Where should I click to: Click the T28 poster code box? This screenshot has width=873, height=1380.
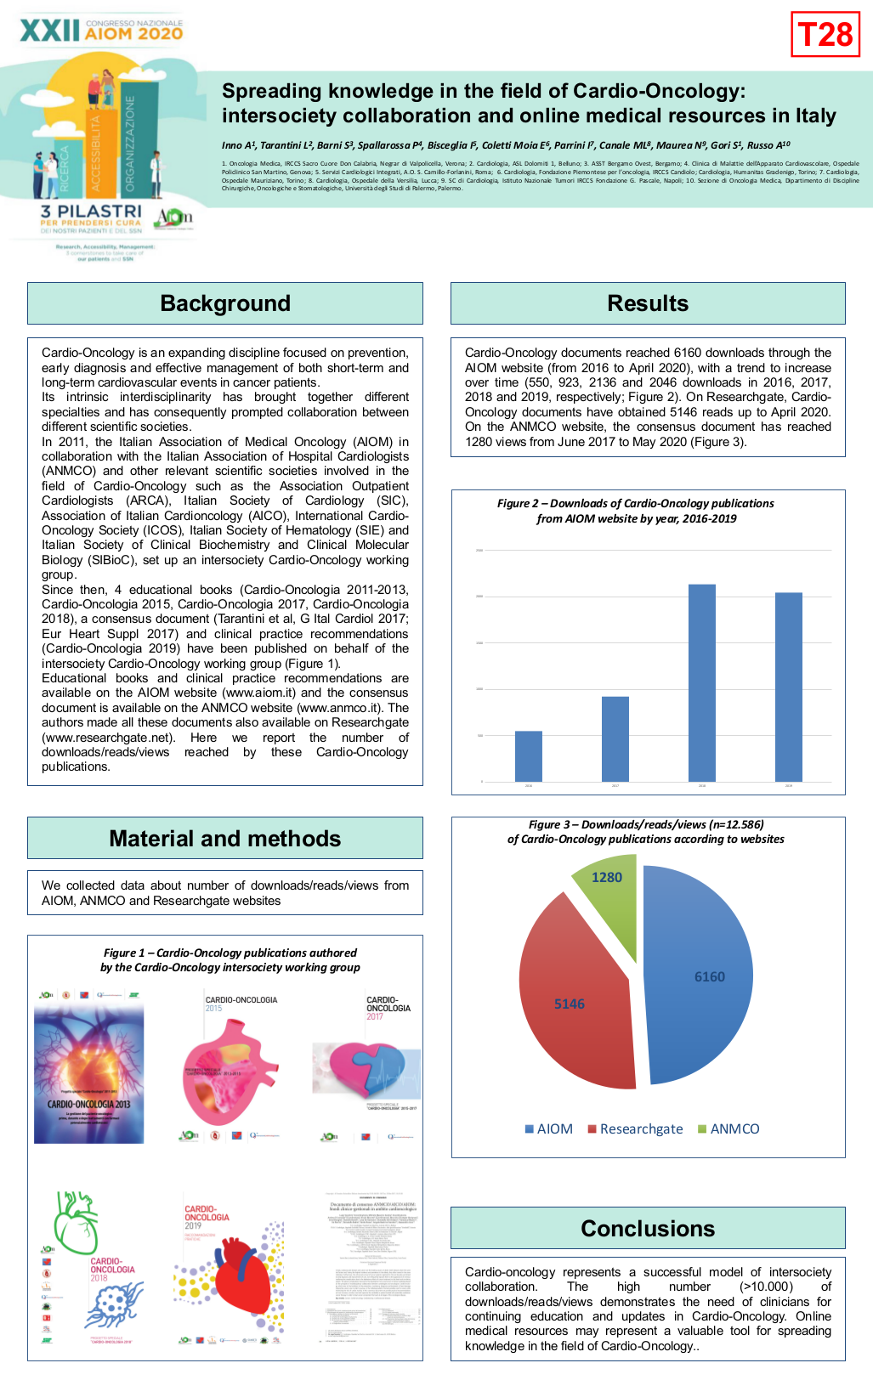(x=825, y=35)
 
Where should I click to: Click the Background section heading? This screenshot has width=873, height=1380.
(x=225, y=303)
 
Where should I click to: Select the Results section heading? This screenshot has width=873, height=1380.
(x=648, y=303)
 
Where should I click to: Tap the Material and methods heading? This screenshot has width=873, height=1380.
(x=225, y=839)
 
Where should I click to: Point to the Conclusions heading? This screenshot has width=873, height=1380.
(x=648, y=1229)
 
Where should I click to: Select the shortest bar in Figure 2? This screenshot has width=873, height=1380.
(x=529, y=755)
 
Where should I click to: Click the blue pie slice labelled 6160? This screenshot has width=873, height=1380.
(x=697, y=977)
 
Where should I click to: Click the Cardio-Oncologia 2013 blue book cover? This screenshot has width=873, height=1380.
(x=88, y=1071)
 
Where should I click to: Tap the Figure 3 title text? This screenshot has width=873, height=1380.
(x=646, y=831)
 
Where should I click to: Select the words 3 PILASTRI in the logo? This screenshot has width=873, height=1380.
(x=91, y=211)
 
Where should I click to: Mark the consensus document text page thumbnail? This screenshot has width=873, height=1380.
(x=372, y=1266)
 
